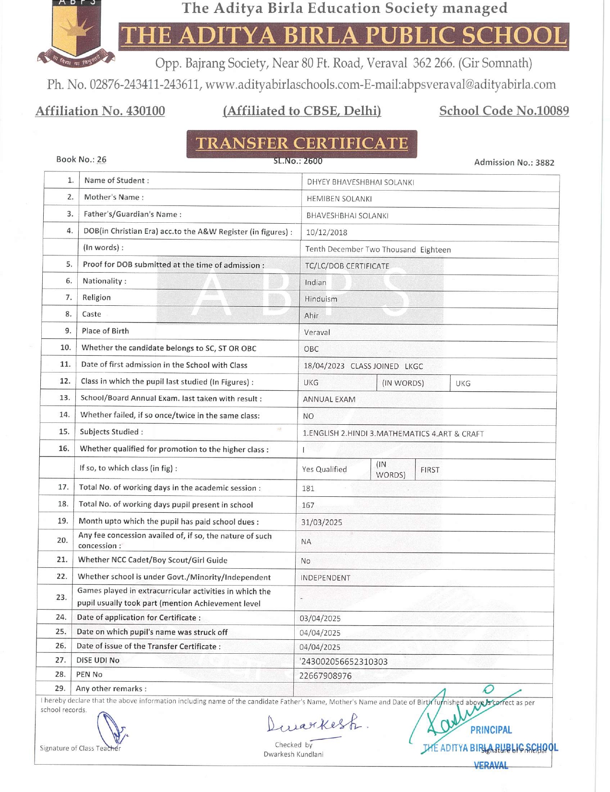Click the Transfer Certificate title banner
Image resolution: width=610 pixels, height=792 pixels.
click(x=301, y=144)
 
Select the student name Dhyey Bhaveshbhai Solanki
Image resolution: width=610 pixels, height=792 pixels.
click(x=360, y=182)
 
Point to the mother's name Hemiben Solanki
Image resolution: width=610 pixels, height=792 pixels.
click(x=339, y=199)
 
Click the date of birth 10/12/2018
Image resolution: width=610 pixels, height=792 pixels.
click(x=326, y=232)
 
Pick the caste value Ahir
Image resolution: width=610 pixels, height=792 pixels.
click(x=311, y=315)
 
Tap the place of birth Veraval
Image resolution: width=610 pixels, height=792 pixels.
click(x=317, y=332)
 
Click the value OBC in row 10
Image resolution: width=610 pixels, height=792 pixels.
click(x=311, y=349)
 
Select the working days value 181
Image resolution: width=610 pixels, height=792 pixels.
click(x=308, y=489)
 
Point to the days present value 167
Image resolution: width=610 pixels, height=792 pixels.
click(x=308, y=505)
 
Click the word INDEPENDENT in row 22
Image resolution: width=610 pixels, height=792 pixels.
click(x=325, y=578)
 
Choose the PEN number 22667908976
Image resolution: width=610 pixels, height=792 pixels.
click(x=325, y=676)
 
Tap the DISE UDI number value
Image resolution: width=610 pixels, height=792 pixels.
click(x=344, y=662)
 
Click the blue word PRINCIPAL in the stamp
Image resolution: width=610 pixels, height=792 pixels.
click(x=490, y=730)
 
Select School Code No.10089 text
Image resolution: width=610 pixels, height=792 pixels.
click(x=504, y=111)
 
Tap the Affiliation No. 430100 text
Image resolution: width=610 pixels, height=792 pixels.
click(x=100, y=111)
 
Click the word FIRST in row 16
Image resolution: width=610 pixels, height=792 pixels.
click(x=430, y=470)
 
